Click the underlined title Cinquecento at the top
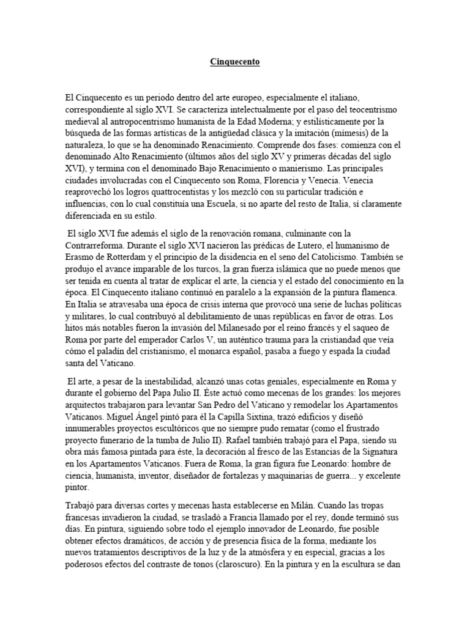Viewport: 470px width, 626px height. pyautogui.click(x=235, y=62)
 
